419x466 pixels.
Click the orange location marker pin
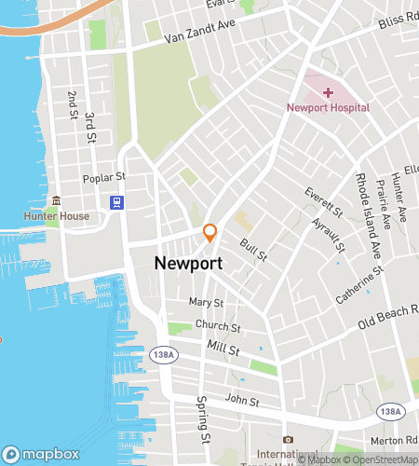pos(210,231)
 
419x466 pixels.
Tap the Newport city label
pos(188,264)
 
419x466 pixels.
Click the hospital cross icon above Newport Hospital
pos(327,91)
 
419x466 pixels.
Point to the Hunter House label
pos(57,216)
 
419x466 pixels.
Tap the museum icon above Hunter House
pos(57,200)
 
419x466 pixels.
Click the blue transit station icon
pos(116,202)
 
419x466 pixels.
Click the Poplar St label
pos(103,176)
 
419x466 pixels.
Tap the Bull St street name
pos(254,249)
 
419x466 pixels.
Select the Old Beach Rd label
pos(389,322)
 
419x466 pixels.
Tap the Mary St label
pos(206,302)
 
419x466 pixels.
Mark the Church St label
pos(218,327)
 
